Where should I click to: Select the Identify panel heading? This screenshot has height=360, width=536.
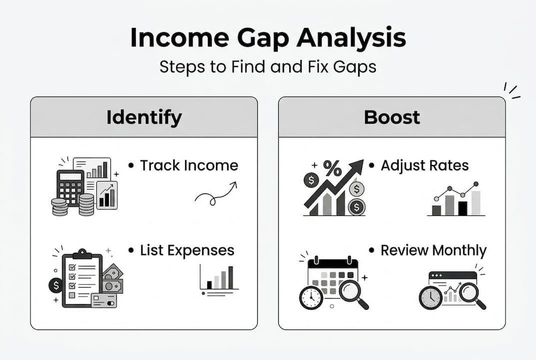(x=144, y=117)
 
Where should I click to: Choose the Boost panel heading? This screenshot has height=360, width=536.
(x=392, y=117)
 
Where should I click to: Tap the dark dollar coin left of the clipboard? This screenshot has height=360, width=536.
(x=55, y=285)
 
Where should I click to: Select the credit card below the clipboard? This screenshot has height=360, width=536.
(x=103, y=300)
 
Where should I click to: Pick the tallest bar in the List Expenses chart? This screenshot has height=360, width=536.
(x=230, y=277)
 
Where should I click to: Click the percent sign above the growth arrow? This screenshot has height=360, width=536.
(x=332, y=168)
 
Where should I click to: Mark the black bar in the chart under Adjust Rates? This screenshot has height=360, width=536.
(x=463, y=208)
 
